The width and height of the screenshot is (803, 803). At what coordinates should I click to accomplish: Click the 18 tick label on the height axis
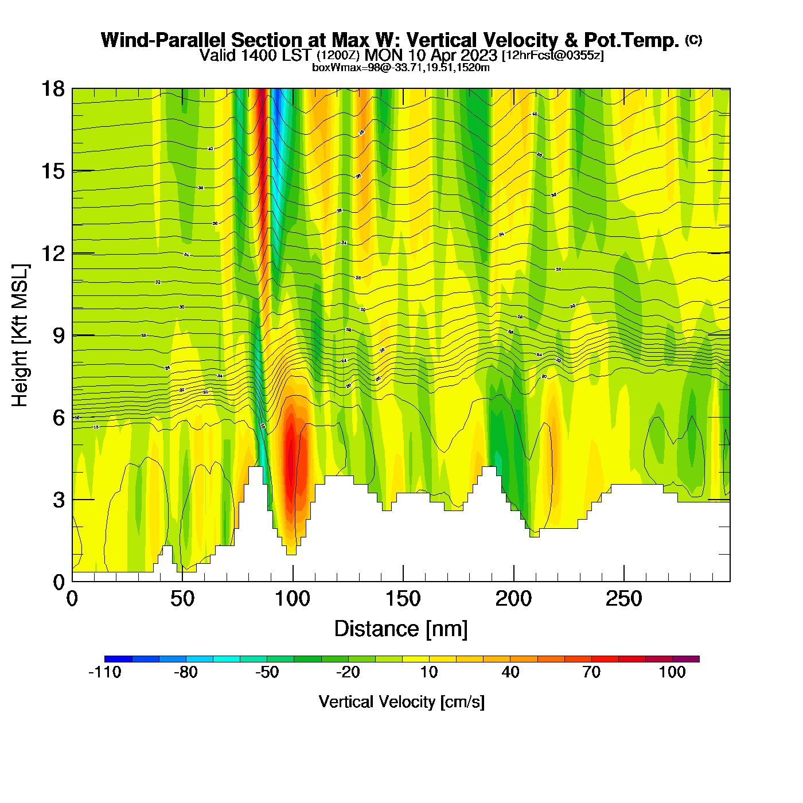pyautogui.click(x=52, y=89)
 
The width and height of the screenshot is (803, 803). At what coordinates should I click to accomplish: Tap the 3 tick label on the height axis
pyautogui.click(x=59, y=500)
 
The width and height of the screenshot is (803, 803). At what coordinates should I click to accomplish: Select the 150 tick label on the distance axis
pyautogui.click(x=403, y=599)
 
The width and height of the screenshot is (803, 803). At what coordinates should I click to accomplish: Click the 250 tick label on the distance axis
pyautogui.click(x=623, y=599)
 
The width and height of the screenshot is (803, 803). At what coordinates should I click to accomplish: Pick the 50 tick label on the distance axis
pyautogui.click(x=182, y=599)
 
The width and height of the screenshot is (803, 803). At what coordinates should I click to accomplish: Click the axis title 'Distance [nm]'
pyautogui.click(x=401, y=629)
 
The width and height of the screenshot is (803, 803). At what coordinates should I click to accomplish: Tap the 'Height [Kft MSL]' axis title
pyautogui.click(x=20, y=336)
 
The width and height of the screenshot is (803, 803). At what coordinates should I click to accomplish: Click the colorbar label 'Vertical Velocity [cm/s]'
pyautogui.click(x=402, y=701)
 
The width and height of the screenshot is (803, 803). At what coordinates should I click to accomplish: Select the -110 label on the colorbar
pyautogui.click(x=105, y=672)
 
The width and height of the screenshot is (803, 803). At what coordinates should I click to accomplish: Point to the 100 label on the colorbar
pyautogui.click(x=672, y=672)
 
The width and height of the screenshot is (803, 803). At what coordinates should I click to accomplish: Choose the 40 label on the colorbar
pyautogui.click(x=510, y=672)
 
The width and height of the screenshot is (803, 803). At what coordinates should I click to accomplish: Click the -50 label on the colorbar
pyautogui.click(x=267, y=672)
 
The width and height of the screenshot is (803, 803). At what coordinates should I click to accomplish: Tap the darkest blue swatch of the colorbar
pyautogui.click(x=118, y=659)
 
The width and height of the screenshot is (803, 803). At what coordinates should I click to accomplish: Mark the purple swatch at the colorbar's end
pyautogui.click(x=686, y=659)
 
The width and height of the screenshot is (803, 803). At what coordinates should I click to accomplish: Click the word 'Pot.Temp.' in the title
pyautogui.click(x=632, y=40)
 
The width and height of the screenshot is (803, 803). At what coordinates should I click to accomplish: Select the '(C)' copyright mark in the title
pyautogui.click(x=693, y=40)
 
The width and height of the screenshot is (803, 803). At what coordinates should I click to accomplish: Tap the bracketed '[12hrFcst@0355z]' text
pyautogui.click(x=552, y=56)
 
